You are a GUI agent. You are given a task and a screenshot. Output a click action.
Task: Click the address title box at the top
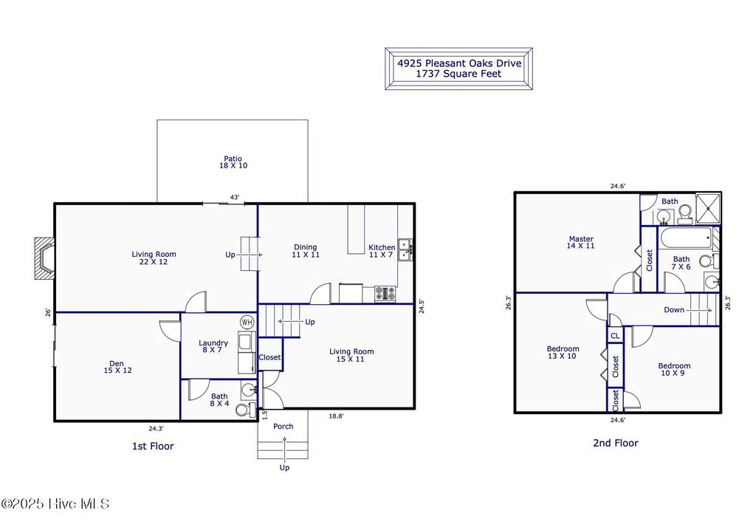(x=458, y=69)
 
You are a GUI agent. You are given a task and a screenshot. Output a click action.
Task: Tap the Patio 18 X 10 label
(x=233, y=162)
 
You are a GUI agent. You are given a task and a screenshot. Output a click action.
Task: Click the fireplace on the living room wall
(x=44, y=259)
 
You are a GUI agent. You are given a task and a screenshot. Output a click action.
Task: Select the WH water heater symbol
(x=247, y=323)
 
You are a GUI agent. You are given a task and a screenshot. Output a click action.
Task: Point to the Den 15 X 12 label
(x=117, y=367)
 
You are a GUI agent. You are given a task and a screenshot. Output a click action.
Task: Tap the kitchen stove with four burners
(x=385, y=293)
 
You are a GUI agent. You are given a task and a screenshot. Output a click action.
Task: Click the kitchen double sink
(x=405, y=250)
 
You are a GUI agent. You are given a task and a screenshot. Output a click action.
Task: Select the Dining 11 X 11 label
(x=305, y=251)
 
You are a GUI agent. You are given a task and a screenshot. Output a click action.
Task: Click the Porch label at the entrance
(x=283, y=427)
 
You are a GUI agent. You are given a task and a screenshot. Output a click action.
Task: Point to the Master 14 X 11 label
(x=581, y=242)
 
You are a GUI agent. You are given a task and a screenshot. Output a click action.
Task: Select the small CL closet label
(x=615, y=335)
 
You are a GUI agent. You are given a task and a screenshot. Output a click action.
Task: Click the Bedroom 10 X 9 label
(x=674, y=370)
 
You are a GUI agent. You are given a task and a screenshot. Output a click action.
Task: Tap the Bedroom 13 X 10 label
(x=563, y=353)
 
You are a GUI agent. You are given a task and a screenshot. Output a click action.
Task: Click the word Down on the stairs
(x=674, y=310)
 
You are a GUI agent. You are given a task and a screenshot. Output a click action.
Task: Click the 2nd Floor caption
(x=615, y=443)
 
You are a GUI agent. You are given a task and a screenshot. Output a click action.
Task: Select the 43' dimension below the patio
(x=235, y=197)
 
